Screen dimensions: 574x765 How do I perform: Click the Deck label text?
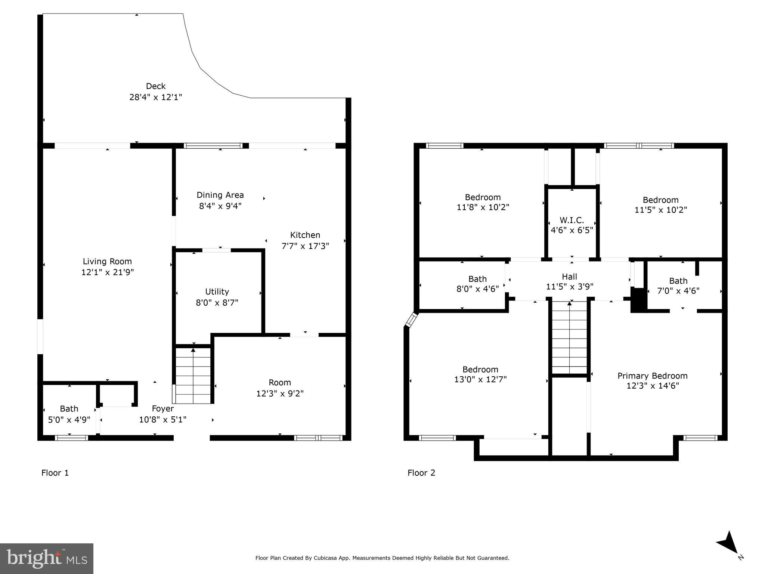click(x=155, y=86)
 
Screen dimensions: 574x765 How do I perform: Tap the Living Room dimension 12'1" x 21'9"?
click(x=108, y=272)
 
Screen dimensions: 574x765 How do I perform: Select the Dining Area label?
click(x=220, y=195)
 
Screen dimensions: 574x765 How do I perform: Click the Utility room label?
click(x=217, y=292)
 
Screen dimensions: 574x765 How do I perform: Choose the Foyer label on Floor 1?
click(x=162, y=409)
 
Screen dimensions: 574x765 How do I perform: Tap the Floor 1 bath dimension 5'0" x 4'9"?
click(x=69, y=420)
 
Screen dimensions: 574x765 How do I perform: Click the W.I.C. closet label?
click(x=572, y=220)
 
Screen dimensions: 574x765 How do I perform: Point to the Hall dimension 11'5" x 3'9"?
click(x=570, y=287)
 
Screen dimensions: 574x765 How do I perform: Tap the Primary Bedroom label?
click(x=652, y=376)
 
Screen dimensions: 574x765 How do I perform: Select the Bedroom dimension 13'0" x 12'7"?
click(x=480, y=380)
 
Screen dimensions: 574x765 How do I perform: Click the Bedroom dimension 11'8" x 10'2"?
click(x=483, y=207)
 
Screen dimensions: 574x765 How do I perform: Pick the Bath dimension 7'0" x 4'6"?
click(x=678, y=291)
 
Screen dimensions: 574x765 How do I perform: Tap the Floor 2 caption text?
click(x=421, y=473)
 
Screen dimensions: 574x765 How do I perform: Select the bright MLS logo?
click(x=47, y=558)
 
